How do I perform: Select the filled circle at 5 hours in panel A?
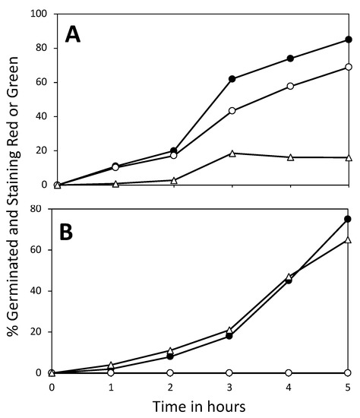(x=349, y=40)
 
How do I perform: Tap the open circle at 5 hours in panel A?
(x=349, y=67)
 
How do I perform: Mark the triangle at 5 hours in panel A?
(x=349, y=157)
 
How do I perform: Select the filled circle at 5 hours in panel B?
(x=349, y=219)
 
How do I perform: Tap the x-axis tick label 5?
(x=349, y=386)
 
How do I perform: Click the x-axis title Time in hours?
(x=201, y=407)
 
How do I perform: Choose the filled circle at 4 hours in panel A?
(x=290, y=59)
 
